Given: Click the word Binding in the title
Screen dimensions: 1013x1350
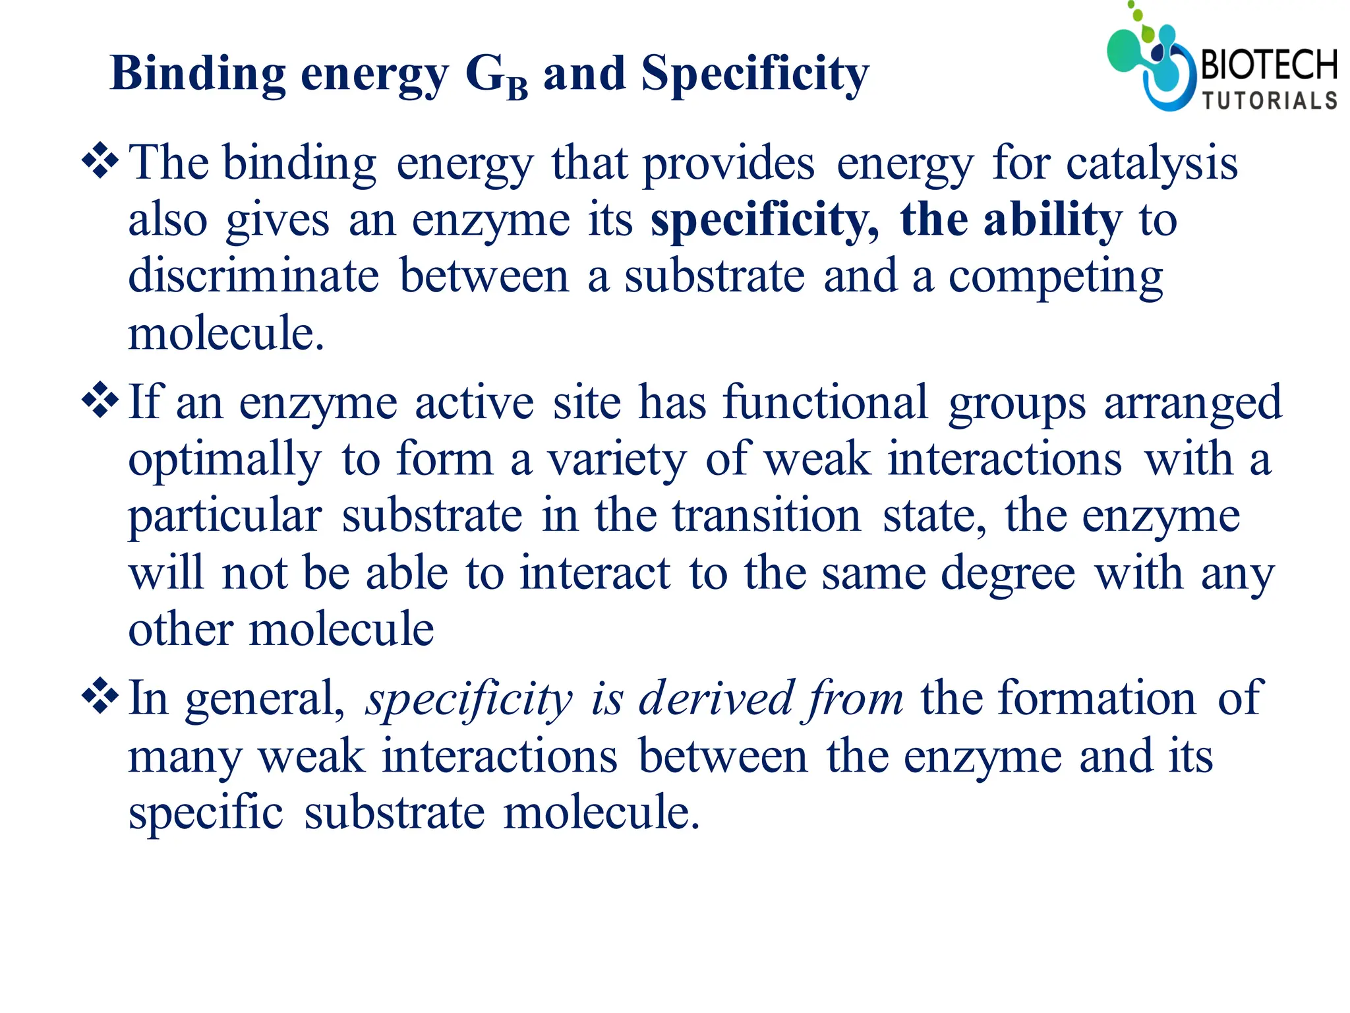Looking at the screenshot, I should click(x=197, y=74).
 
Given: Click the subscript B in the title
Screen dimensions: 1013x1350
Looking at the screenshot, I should click(x=517, y=88).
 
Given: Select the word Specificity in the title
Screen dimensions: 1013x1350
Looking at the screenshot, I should click(x=755, y=74).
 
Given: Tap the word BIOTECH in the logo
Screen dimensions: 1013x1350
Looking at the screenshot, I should click(x=1269, y=66).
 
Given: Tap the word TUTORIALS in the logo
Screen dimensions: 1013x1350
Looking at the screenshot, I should click(x=1270, y=100).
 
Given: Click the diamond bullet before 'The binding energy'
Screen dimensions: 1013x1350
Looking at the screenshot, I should click(x=100, y=161).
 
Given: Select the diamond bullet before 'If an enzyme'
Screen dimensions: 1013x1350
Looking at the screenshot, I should click(x=100, y=400).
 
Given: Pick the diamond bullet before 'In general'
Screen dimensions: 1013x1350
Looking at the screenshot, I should click(x=100, y=696).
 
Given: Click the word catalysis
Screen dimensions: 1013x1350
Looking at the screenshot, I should click(x=1152, y=163).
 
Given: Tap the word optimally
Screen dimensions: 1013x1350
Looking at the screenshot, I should click(x=225, y=460).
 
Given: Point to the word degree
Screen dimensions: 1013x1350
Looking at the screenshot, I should click(x=1008, y=574).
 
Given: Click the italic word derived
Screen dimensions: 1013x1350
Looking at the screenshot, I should click(x=715, y=698).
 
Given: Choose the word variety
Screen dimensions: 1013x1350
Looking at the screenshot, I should click(x=617, y=460).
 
